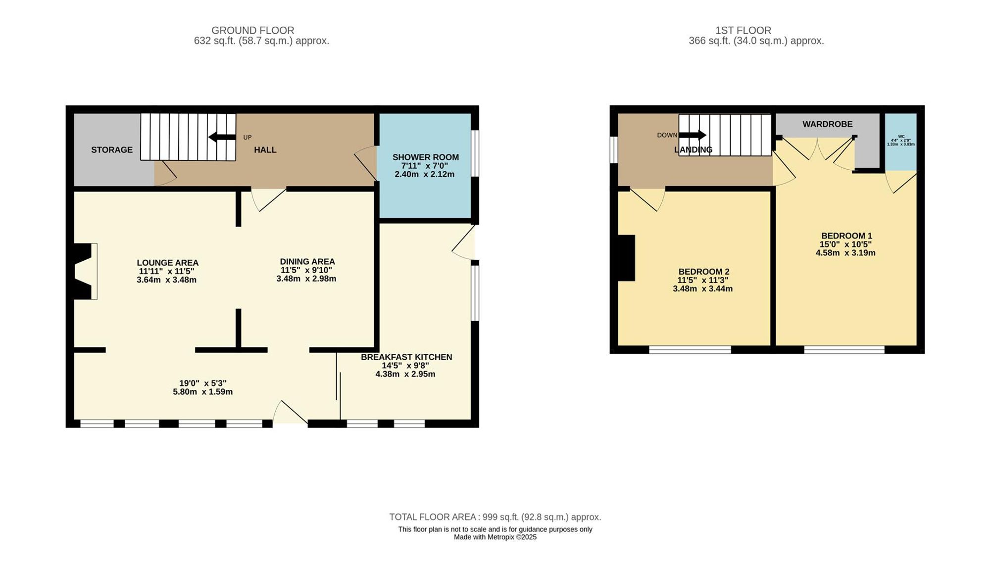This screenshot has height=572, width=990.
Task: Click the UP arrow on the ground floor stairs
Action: click(x=222, y=137)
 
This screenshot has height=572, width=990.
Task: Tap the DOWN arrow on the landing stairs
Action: click(x=693, y=135)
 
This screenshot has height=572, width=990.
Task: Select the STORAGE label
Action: click(x=112, y=150)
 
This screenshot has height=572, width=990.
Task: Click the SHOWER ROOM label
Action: click(x=425, y=157)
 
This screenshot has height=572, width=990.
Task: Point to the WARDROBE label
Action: click(x=827, y=124)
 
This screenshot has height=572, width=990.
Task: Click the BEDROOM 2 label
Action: click(x=703, y=272)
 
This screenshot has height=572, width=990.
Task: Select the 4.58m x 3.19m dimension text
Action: click(x=845, y=253)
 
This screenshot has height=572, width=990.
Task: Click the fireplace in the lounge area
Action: click(x=84, y=271)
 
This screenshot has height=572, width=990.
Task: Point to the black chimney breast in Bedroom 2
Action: click(x=626, y=258)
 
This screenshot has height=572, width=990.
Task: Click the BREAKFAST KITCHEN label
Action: click(x=406, y=357)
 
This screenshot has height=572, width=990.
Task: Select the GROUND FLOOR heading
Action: click(x=252, y=31)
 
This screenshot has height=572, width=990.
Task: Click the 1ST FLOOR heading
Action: click(x=743, y=31)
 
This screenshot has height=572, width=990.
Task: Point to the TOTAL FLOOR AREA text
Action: click(x=495, y=517)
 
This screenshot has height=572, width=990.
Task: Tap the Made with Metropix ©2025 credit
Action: click(x=495, y=537)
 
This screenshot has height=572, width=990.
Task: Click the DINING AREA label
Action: click(x=307, y=262)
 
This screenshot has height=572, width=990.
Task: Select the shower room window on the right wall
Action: click(x=475, y=153)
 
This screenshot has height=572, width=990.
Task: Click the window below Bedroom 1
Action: click(x=844, y=350)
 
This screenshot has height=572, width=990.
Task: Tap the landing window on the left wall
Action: click(x=614, y=149)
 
